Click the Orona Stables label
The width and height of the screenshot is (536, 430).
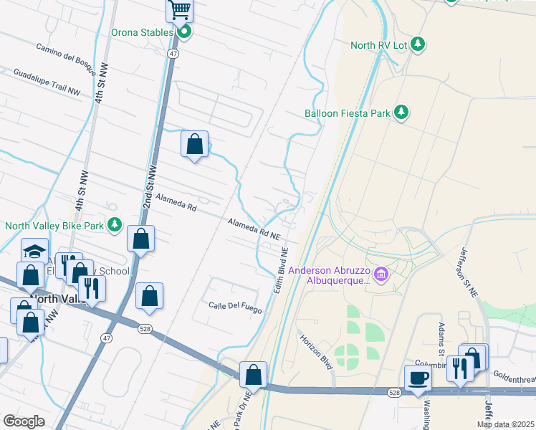[141, 33]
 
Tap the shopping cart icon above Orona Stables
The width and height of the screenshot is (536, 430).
[180, 10]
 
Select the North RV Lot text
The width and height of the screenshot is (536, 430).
[378, 45]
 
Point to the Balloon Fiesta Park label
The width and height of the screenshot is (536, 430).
[347, 113]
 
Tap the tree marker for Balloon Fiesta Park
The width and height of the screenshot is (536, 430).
[402, 112]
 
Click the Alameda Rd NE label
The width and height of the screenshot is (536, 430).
[253, 229]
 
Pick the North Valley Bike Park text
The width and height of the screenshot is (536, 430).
[53, 226]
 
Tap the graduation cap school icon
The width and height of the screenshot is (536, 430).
[34, 252]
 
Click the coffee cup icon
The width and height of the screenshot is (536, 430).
[418, 378]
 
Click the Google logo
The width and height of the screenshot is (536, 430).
[24, 421]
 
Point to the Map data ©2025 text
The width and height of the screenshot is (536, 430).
[505, 424]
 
